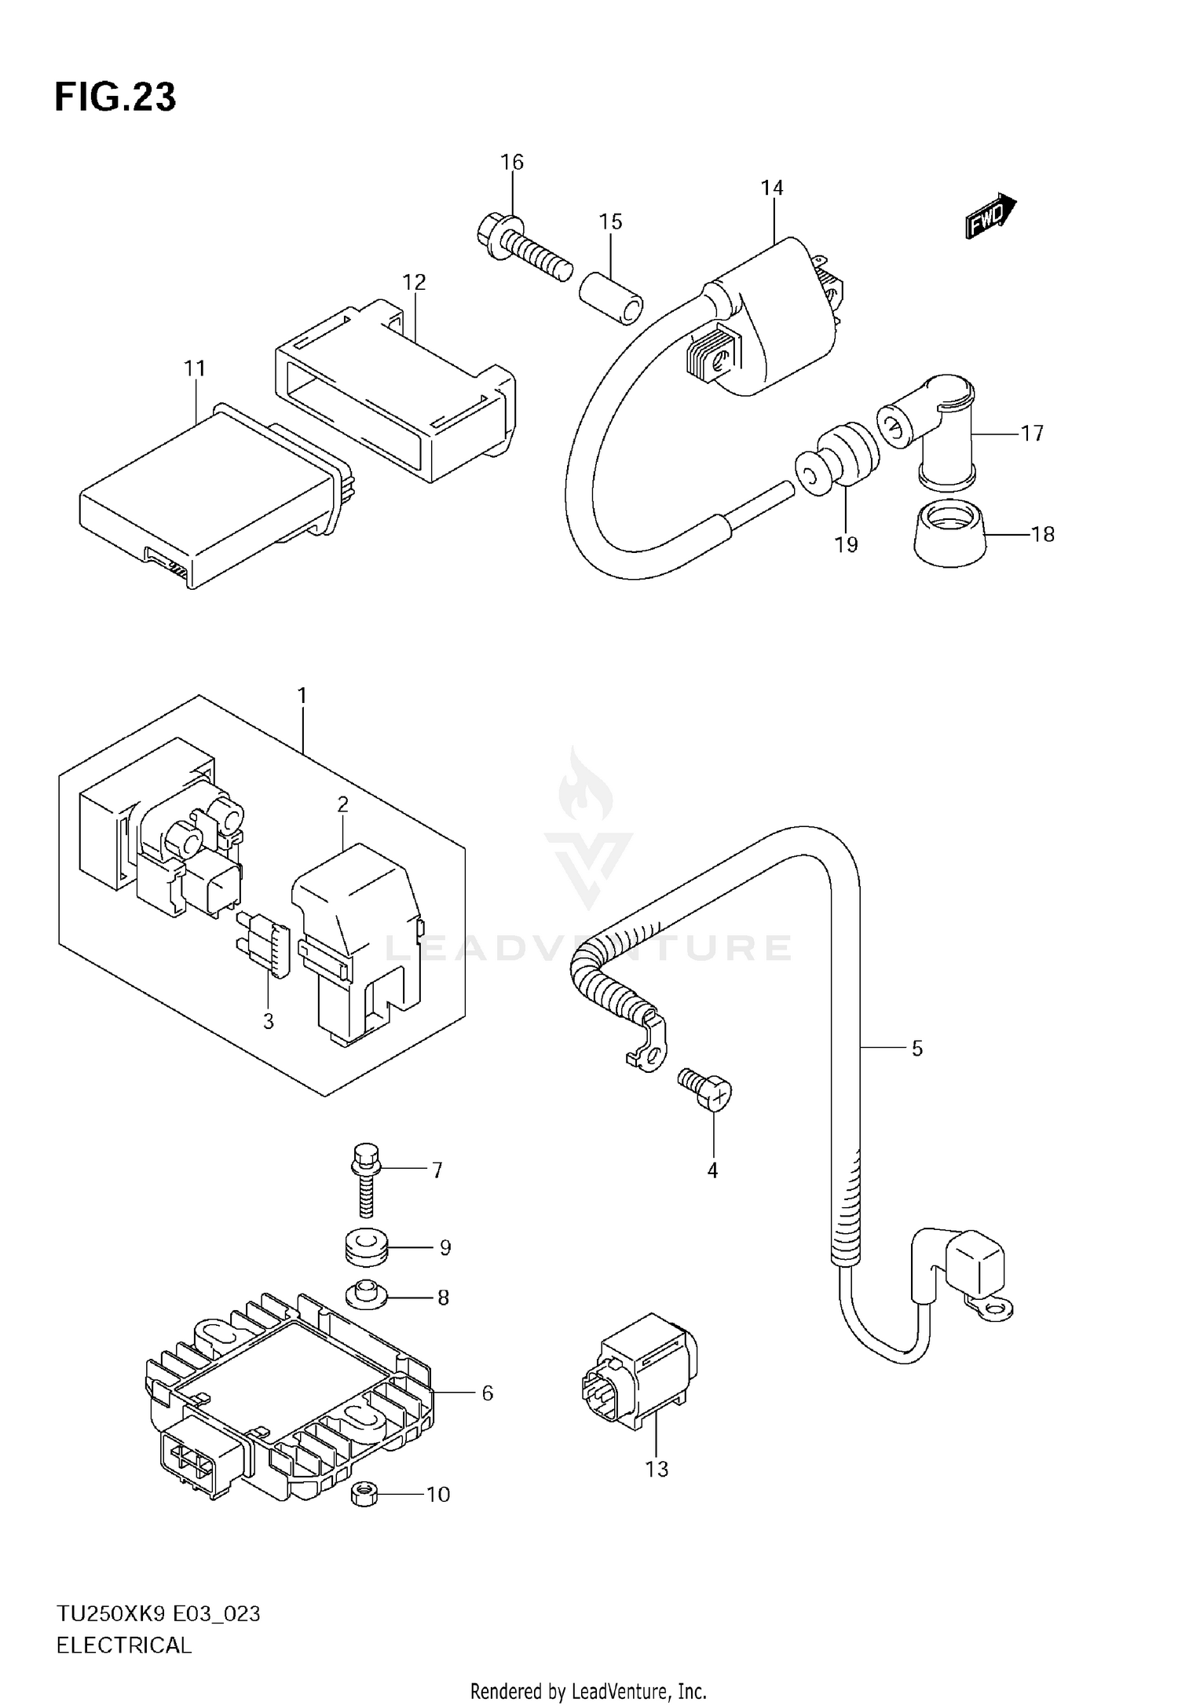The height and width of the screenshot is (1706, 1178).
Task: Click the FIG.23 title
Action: [115, 97]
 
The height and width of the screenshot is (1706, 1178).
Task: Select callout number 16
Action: [512, 163]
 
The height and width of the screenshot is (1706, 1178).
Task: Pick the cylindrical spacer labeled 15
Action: [610, 298]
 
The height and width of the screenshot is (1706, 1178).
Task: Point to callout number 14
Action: [772, 188]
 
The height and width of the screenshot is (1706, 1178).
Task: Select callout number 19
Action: [846, 544]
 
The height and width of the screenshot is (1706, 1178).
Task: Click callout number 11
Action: [195, 368]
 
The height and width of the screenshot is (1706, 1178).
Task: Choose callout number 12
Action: [414, 282]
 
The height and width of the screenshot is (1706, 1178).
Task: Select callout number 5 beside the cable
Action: [916, 1048]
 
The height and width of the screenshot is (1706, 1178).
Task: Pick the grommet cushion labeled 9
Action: [367, 1247]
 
